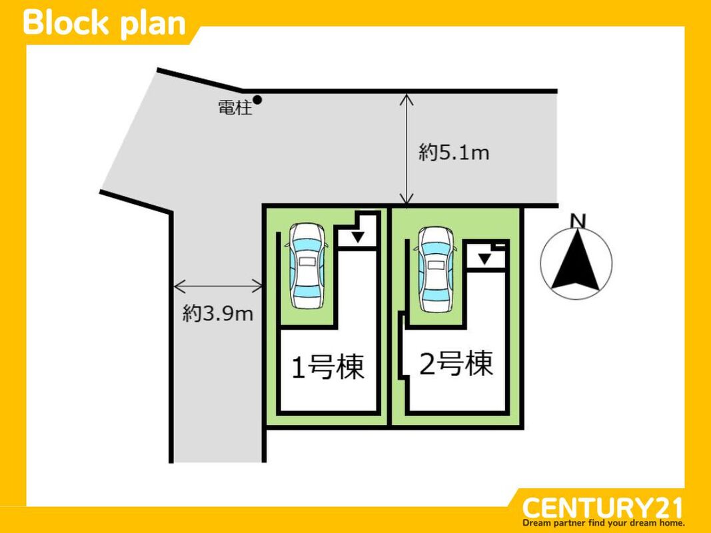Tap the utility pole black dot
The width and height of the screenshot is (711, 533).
point(257,100)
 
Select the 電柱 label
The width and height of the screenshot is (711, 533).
point(235,108)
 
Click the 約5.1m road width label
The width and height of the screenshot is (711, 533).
point(454,153)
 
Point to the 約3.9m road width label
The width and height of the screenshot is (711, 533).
point(218,314)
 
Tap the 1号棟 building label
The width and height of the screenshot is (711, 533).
point(329,366)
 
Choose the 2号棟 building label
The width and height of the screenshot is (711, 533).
point(456,364)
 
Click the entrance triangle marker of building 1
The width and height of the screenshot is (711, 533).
point(358,237)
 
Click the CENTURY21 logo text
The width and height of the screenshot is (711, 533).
point(602,508)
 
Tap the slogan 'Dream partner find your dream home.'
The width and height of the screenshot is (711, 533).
point(604,523)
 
